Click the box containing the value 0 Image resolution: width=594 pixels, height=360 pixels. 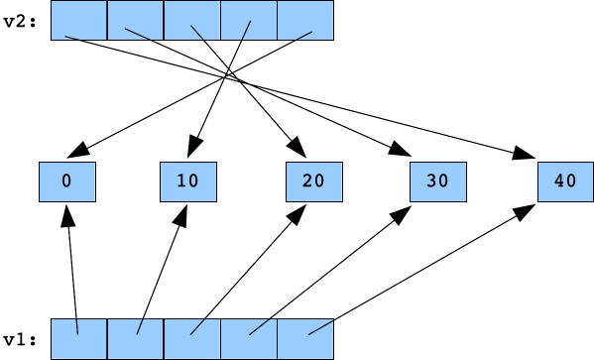[x=65, y=182]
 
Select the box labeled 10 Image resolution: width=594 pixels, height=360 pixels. [x=188, y=182]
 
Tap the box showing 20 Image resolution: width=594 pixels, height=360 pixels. [x=313, y=182]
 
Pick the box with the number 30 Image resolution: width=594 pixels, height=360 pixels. [x=438, y=182]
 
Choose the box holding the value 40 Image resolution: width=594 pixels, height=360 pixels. [x=565, y=182]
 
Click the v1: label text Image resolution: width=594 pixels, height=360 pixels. [x=20, y=339]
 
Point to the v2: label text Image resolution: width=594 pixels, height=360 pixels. [x=20, y=20]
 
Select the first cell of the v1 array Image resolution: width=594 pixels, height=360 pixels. [x=77, y=339]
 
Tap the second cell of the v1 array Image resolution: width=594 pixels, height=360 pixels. [x=135, y=339]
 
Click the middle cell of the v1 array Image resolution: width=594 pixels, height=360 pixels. [x=192, y=339]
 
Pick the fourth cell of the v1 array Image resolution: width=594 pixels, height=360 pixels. [x=250, y=339]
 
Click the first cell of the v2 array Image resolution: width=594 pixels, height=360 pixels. [x=77, y=21]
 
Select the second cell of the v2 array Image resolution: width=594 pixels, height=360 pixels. [x=135, y=21]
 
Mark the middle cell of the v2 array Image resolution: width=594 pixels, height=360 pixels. [x=192, y=21]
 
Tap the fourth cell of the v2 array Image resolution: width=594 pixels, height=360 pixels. [x=250, y=21]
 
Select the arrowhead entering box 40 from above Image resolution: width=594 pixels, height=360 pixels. [x=527, y=154]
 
